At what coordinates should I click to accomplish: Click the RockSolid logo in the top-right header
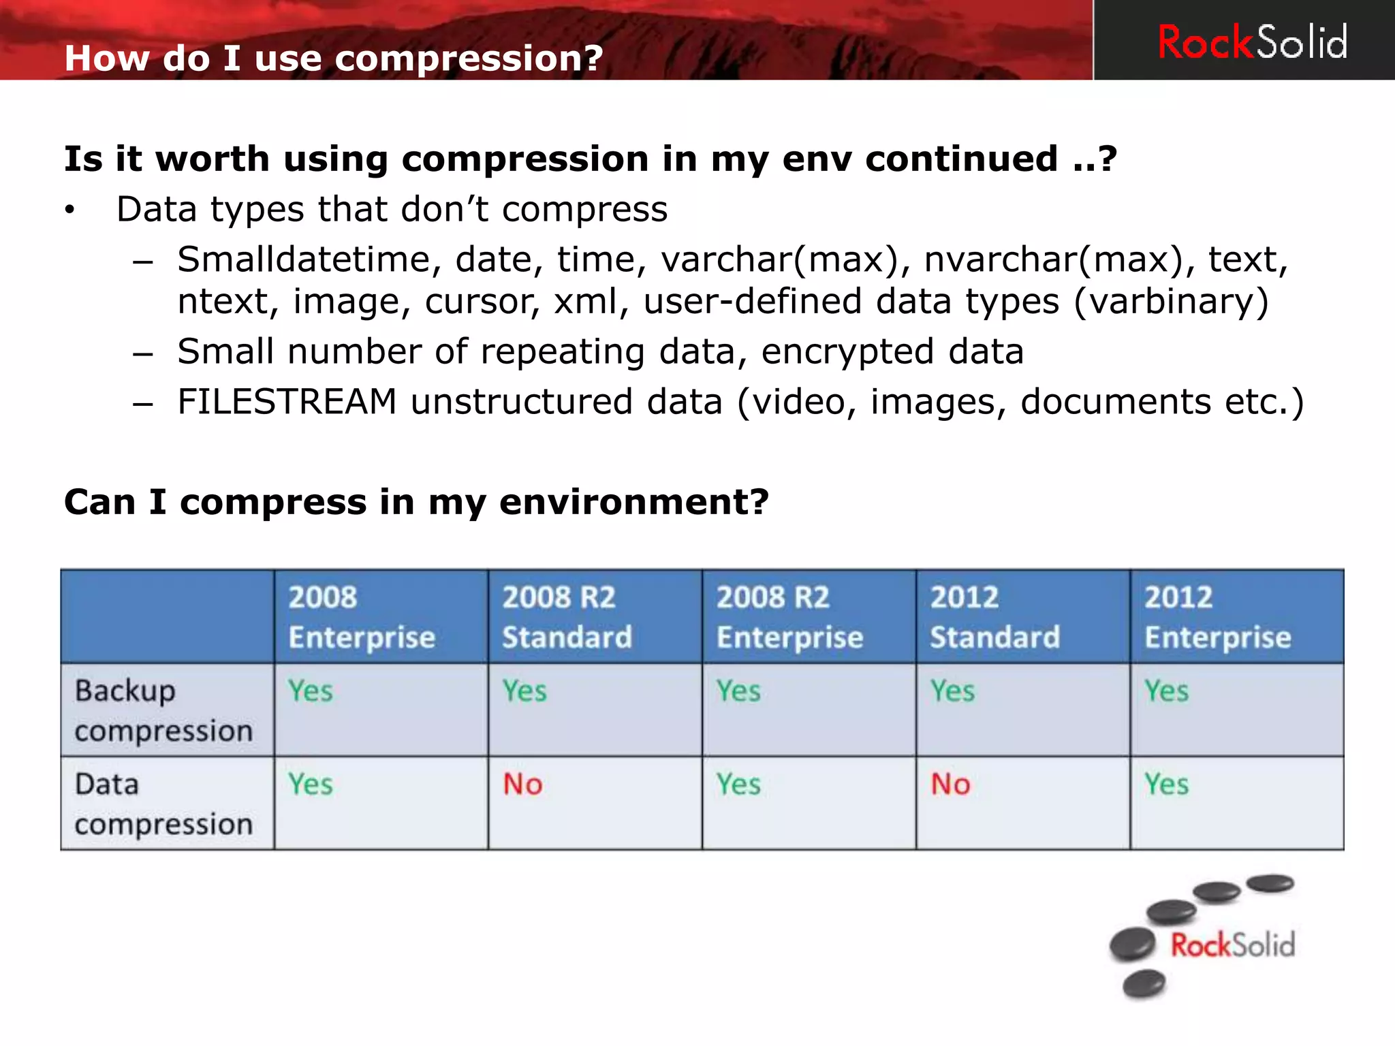click(1252, 42)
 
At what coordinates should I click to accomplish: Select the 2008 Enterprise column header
click(362, 617)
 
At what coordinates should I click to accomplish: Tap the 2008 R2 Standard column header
click(567, 617)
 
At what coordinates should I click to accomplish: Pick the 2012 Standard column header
click(994, 617)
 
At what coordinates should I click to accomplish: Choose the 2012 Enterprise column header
click(1217, 617)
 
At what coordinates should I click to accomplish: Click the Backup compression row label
click(163, 710)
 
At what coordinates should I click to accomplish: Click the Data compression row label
click(163, 804)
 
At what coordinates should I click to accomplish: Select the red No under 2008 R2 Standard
click(522, 784)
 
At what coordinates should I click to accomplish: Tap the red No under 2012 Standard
click(950, 784)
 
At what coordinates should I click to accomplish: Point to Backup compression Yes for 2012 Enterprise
click(1166, 691)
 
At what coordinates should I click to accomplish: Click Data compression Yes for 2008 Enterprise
click(310, 784)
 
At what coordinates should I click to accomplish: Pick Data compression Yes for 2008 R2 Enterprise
click(738, 784)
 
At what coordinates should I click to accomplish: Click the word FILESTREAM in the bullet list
click(287, 401)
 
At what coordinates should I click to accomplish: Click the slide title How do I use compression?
click(334, 58)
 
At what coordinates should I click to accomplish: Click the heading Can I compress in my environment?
click(416, 502)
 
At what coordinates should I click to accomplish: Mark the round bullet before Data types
click(69, 210)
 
